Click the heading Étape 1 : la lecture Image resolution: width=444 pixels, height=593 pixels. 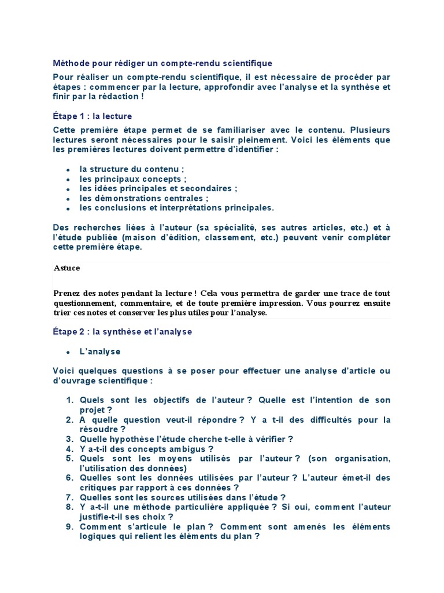92,116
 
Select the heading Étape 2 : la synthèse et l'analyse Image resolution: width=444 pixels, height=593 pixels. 122,332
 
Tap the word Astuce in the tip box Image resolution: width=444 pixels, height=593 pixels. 67,268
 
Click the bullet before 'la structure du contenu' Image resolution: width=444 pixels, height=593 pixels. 68,170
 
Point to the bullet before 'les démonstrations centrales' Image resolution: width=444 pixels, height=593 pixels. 68,199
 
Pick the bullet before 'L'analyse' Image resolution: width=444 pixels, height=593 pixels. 68,352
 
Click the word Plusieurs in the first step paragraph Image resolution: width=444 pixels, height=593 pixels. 371,130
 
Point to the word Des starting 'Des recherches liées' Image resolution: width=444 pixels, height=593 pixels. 60,228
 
